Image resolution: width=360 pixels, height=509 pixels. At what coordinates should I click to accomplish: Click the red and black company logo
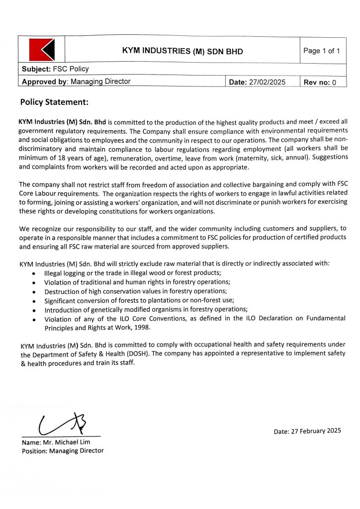click(x=42, y=50)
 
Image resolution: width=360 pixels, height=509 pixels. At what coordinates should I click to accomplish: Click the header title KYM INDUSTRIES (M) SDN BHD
click(x=182, y=51)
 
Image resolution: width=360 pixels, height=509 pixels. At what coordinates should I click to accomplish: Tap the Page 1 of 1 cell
click(x=322, y=51)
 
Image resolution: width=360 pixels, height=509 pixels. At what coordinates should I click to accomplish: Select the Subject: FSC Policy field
click(x=55, y=69)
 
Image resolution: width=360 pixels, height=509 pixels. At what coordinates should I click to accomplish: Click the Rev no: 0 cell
click(x=320, y=83)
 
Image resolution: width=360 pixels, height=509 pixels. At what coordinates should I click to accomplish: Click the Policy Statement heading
click(x=54, y=102)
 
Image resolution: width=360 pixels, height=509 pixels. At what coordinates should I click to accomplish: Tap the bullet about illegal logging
click(x=133, y=273)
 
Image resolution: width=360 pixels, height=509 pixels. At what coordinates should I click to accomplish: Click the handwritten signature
click(x=62, y=424)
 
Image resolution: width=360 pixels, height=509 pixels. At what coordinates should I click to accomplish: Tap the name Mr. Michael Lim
click(x=66, y=442)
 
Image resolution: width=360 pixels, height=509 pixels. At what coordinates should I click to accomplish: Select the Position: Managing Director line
click(x=63, y=451)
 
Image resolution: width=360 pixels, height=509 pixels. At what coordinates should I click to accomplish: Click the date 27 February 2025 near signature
click(x=307, y=431)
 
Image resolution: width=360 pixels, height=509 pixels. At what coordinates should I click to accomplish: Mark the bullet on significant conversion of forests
click(x=139, y=300)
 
